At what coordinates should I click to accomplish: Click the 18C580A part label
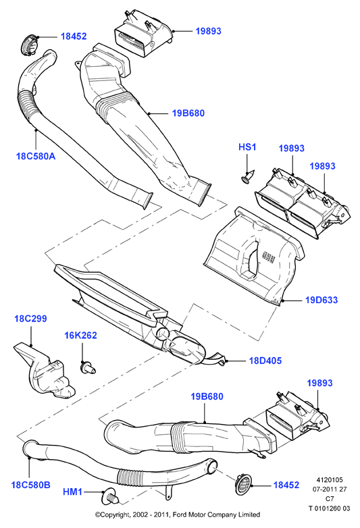coord(36,156)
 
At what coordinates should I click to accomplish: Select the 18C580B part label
coord(30,485)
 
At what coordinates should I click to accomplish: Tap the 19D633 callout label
coord(322,300)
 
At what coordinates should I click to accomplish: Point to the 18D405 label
coord(265,361)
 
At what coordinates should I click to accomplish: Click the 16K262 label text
coord(80,336)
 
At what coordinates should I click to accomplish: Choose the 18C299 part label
coord(30,319)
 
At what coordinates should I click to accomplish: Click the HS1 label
coord(247,147)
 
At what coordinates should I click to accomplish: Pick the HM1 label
coord(72,492)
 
